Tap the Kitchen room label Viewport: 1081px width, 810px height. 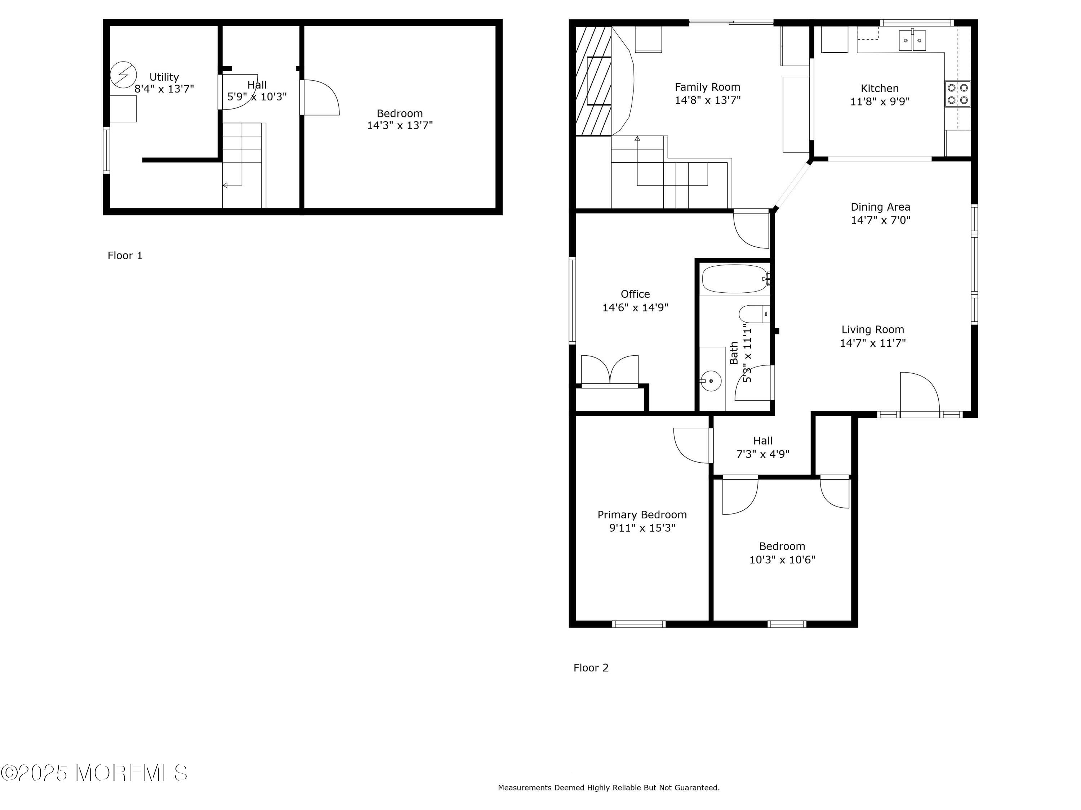pyautogui.click(x=880, y=88)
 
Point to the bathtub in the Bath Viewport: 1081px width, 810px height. pyautogui.click(x=735, y=279)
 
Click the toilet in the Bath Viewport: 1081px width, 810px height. pyautogui.click(x=755, y=314)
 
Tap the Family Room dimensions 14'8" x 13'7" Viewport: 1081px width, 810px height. pyautogui.click(x=708, y=100)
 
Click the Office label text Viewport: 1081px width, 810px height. pyautogui.click(x=635, y=294)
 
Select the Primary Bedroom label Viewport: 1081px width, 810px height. pyautogui.click(x=642, y=514)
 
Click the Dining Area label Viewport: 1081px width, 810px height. pyautogui.click(x=881, y=207)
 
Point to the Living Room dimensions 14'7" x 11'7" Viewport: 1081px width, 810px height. pyautogui.click(x=873, y=343)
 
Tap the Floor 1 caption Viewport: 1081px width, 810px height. pyautogui.click(x=125, y=255)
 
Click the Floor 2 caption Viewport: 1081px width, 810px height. pyautogui.click(x=591, y=668)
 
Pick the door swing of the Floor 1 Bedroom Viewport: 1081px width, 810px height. pyautogui.click(x=321, y=97)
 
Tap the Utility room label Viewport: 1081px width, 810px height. pyautogui.click(x=164, y=77)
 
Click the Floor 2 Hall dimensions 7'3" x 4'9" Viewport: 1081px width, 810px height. pyautogui.click(x=763, y=454)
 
